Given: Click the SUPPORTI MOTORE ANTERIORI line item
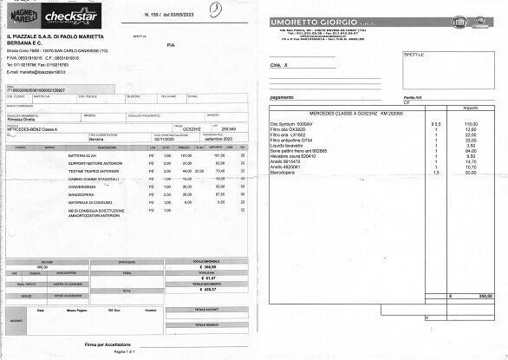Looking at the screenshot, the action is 96,163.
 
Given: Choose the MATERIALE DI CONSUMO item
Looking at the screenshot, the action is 90,202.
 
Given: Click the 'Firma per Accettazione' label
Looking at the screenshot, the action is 108,344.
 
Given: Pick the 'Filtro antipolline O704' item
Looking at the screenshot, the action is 293,140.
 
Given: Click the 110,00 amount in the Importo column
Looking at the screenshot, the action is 471,124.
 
